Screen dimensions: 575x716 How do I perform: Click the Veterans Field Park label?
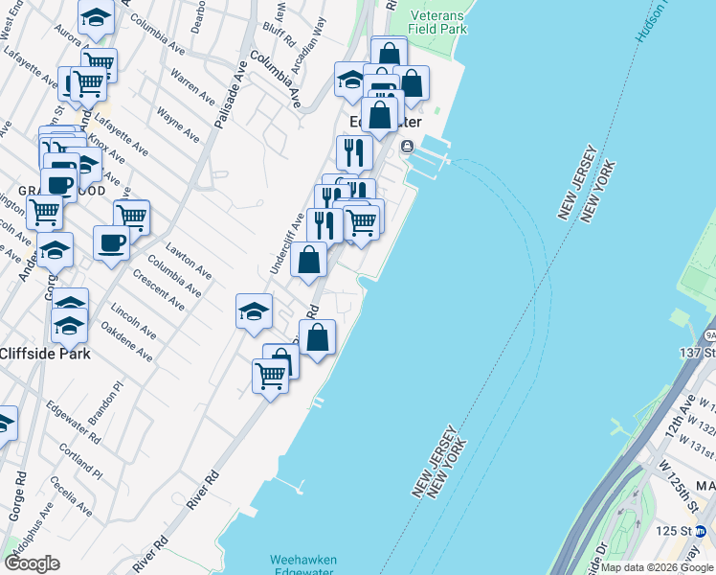[x=438, y=23]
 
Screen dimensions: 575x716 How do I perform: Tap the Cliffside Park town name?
[x=46, y=354]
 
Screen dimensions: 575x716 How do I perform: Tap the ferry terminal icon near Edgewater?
[x=408, y=147]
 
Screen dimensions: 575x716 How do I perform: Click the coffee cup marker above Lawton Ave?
[x=112, y=242]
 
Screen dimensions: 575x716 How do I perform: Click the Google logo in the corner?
[x=32, y=563]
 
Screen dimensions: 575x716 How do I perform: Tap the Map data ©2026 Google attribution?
[x=658, y=567]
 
